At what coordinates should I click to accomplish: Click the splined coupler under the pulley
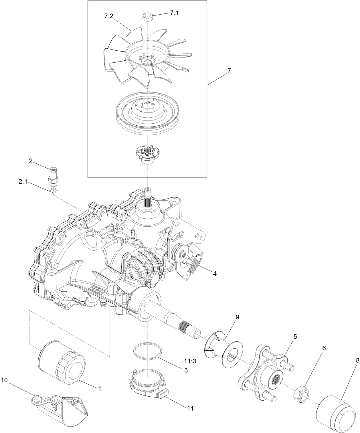pos(147,154)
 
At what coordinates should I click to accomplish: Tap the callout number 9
pos(237,317)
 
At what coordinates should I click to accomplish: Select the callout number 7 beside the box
pos(229,63)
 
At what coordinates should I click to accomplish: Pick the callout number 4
pos(214,274)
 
